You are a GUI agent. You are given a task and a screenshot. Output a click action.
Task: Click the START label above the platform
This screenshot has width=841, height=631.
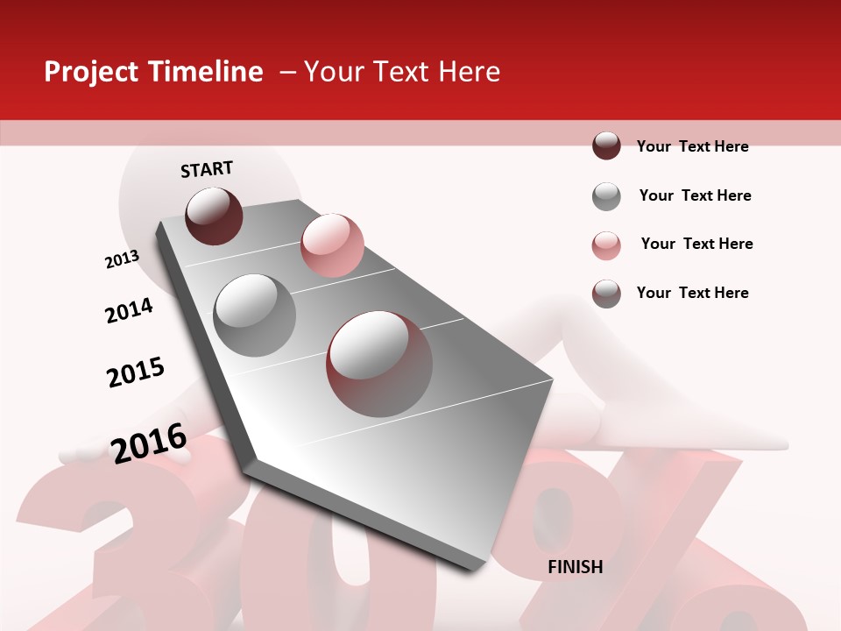pos(207,169)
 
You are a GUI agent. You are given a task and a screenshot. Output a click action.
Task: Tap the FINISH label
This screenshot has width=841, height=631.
pos(575,567)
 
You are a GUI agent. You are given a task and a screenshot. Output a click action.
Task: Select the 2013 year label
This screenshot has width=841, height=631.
pos(122,259)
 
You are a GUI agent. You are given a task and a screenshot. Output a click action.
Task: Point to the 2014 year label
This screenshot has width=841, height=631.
pos(129,310)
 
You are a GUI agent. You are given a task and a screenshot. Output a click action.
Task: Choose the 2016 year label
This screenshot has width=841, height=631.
pos(149,443)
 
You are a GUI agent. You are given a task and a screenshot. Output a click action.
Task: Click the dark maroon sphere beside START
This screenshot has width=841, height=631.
pos(214,216)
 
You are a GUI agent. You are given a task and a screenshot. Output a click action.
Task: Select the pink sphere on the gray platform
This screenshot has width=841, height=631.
pos(332,245)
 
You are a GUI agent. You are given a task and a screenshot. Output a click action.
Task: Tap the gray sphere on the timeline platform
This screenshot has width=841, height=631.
pos(254,315)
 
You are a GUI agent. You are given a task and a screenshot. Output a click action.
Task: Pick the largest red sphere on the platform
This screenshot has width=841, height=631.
pos(379,363)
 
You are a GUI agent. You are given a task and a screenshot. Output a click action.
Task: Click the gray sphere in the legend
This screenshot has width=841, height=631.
pos(606,196)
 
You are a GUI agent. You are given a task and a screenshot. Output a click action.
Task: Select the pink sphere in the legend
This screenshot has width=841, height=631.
pos(606,245)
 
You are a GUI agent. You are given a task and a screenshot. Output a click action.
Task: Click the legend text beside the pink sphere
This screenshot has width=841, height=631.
pos(696,244)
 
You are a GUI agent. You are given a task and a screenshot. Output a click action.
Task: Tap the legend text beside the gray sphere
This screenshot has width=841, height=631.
pos(695,195)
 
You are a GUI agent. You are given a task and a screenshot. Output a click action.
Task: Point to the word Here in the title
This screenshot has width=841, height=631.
pos(469,72)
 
